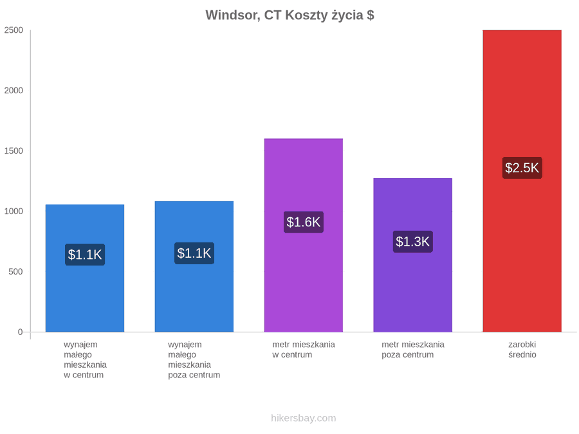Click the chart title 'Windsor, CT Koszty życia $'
point(290,15)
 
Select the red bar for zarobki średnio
point(522,181)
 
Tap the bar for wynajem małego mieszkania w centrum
point(85,268)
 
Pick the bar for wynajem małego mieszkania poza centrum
point(194,266)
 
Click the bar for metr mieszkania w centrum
point(304,235)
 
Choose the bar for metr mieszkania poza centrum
point(413,255)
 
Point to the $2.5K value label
point(522,168)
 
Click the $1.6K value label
point(304,222)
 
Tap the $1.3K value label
point(413,242)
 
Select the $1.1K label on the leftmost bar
point(85,255)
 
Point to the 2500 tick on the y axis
point(14,30)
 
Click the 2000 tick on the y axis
point(14,91)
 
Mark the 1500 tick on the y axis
point(14,151)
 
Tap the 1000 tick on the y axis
point(14,211)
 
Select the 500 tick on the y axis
point(16,271)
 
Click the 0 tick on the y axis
point(21,332)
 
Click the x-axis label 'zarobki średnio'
point(522,350)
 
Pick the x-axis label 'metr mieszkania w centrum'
point(304,350)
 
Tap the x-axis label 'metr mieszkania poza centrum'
point(413,350)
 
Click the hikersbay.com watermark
point(304,418)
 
